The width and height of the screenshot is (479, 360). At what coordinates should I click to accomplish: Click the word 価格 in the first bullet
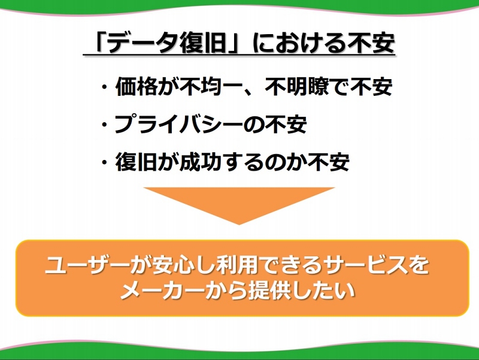point(136,87)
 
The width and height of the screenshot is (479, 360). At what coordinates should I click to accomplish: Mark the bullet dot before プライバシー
point(105,125)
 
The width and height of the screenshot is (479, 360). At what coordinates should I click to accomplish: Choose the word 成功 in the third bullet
point(200,162)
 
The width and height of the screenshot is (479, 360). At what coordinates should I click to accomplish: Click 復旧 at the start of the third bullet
point(136,162)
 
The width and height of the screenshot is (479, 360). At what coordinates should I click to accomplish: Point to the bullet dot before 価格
point(105,87)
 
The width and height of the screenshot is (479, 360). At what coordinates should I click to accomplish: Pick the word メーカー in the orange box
point(161,290)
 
